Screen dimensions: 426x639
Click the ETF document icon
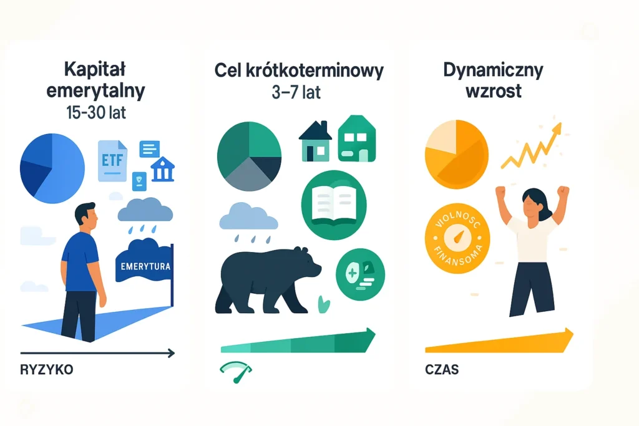tap(112, 160)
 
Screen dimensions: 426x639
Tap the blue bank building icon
tap(163, 170)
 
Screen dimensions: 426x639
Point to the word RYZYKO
tap(47, 369)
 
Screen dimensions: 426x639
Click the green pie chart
tap(248, 154)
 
